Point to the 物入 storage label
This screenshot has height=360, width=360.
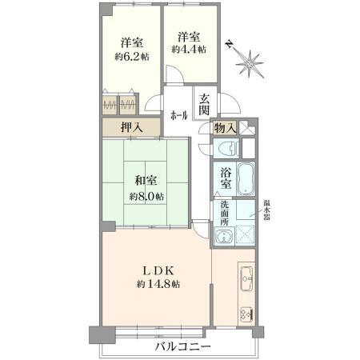225,127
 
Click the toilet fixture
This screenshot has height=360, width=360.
226,148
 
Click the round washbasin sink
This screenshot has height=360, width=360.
223,236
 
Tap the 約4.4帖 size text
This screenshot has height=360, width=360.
189,50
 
